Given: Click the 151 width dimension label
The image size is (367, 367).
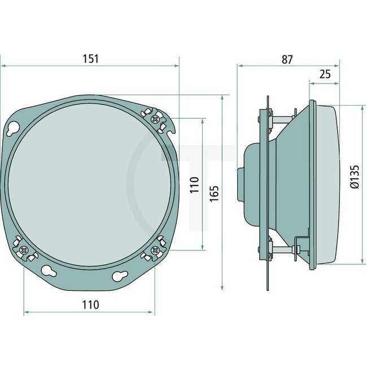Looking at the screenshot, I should click(x=90, y=58).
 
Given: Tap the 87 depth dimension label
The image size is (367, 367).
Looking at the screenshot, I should click(x=287, y=59).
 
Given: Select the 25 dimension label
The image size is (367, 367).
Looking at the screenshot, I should click(x=325, y=74).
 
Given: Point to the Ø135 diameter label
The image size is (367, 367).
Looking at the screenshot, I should click(x=355, y=176).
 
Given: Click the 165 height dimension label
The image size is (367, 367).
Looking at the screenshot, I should click(x=214, y=191).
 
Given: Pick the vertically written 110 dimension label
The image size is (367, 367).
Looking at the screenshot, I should click(x=194, y=186).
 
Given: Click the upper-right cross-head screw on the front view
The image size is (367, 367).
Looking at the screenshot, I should click(x=155, y=119).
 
